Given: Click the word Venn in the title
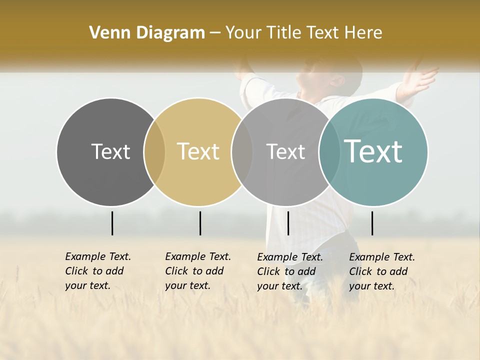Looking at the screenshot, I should tap(106, 33).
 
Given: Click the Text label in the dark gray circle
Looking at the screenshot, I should tap(110, 151).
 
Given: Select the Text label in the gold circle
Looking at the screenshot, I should tap(198, 151).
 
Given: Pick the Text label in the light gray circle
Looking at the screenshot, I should tap(285, 151).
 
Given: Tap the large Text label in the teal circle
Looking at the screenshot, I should tap(373, 151).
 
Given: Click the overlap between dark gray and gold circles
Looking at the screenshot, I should tap(154, 152).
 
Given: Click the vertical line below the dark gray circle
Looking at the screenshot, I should tap(112, 223).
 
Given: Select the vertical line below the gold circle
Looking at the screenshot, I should tap(200, 223).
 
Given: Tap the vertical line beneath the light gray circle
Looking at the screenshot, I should tap(288, 223).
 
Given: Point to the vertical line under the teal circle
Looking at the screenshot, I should tap(372, 223).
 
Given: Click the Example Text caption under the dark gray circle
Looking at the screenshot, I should tap(98, 271).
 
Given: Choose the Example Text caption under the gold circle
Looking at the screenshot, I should tap(198, 271).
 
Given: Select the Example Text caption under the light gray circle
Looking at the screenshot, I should tap(290, 271).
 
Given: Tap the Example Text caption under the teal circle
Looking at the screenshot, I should tap(382, 271).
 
